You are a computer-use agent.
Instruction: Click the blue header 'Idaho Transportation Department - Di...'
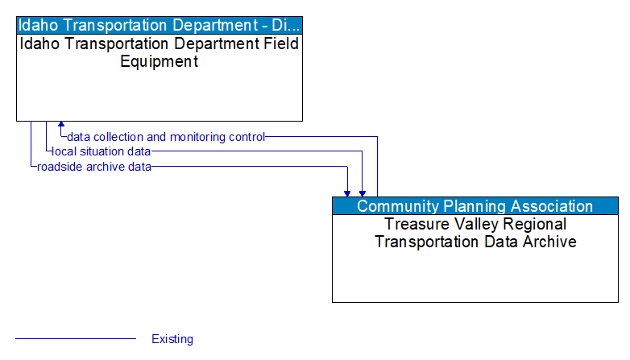coord(160,24)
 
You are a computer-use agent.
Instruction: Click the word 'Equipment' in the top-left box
coord(160,61)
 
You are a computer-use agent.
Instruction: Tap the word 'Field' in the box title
coord(280,43)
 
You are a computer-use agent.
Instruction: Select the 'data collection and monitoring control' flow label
coord(166,137)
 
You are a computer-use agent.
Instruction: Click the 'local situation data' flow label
coord(101,151)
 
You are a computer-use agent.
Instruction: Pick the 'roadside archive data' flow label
coord(93,167)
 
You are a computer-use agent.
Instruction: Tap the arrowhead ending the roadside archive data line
coord(347,192)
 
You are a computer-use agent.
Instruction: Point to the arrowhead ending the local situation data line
coord(363,192)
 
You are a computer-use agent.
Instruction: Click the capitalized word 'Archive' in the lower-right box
coord(552,242)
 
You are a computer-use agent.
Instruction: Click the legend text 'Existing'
coord(172,339)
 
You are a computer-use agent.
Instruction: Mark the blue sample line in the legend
coord(76,339)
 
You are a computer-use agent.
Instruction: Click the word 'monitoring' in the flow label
coord(198,137)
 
